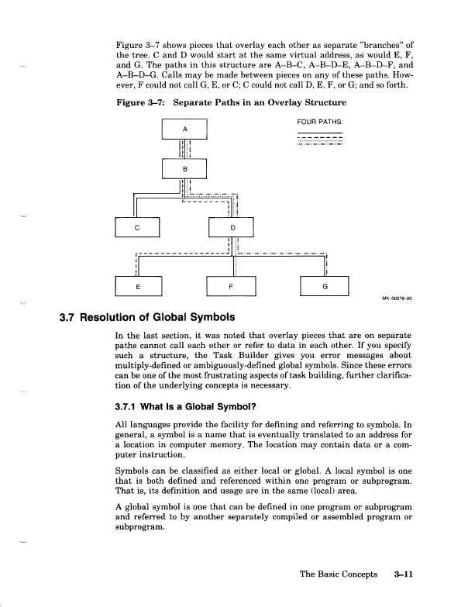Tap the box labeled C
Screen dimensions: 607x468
click(x=136, y=226)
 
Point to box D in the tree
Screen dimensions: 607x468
click(x=234, y=226)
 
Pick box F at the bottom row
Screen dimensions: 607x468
click(x=234, y=286)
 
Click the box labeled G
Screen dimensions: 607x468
click(x=325, y=286)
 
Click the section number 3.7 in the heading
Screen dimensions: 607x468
click(x=70, y=317)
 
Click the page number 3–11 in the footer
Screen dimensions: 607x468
click(x=404, y=575)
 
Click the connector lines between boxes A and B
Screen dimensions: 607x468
click(x=184, y=148)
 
